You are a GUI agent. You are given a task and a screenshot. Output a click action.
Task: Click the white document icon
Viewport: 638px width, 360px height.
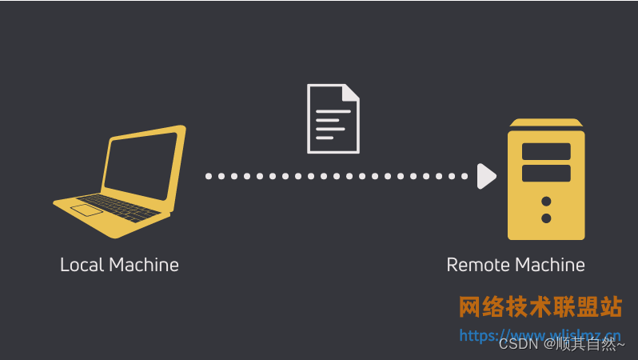(x=333, y=118)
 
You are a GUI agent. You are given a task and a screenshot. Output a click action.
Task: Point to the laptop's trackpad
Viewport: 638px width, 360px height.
(x=86, y=210)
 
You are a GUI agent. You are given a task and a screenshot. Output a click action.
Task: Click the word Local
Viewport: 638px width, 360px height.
(x=82, y=265)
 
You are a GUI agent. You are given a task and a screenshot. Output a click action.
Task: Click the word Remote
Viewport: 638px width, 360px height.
(x=477, y=265)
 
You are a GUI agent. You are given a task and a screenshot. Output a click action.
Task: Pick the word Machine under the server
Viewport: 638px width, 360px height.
(x=550, y=265)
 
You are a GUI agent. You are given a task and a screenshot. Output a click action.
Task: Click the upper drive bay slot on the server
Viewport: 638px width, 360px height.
(x=546, y=151)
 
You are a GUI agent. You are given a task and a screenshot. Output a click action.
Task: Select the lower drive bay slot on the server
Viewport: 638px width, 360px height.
(x=546, y=174)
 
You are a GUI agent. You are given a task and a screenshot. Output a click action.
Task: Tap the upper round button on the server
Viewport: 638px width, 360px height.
(x=546, y=201)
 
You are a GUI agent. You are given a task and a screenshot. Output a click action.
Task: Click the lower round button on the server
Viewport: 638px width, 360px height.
(x=546, y=218)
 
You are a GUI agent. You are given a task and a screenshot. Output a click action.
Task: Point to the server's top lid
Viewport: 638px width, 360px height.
(x=546, y=122)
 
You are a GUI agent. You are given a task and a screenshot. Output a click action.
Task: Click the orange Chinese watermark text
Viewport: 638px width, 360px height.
(x=540, y=307)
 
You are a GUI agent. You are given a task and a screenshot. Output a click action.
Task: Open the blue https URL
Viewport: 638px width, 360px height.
(x=540, y=334)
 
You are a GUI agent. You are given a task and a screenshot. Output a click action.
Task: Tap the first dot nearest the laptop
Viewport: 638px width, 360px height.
(x=209, y=176)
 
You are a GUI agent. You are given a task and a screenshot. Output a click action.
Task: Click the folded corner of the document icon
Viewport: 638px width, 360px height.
(x=351, y=92)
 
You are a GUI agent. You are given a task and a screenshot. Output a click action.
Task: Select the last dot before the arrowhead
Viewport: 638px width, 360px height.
(x=464, y=176)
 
